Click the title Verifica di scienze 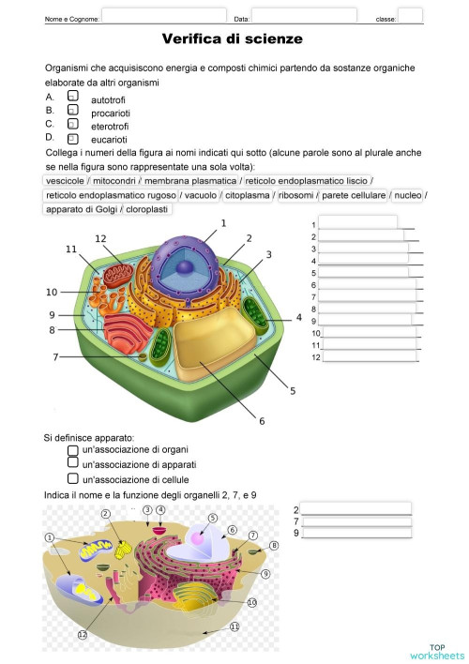(233, 38)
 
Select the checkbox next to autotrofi (72, 97)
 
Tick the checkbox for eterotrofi (72, 123)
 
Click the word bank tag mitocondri (113, 181)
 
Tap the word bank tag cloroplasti (147, 209)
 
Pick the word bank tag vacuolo (200, 195)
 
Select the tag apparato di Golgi (82, 209)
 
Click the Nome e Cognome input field (163, 17)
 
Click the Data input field (304, 17)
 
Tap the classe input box (410, 17)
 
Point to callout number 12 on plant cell (100, 239)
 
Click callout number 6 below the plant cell (262, 419)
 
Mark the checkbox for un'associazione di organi (73, 450)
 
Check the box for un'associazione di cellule (73, 478)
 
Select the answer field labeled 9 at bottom (356, 533)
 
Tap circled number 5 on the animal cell (212, 518)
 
